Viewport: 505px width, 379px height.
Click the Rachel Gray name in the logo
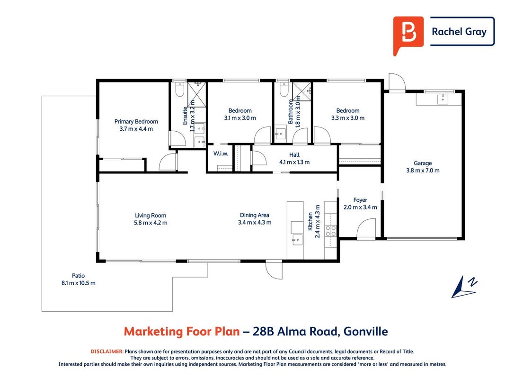459,32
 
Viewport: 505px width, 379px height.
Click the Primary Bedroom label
136,121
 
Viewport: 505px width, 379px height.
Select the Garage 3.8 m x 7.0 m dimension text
423,171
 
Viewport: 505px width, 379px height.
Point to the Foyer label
360,200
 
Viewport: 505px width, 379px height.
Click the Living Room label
151,215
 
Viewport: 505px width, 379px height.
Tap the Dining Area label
255,215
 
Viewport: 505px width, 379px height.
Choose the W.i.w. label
221,153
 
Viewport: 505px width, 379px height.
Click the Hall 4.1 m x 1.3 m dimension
294,162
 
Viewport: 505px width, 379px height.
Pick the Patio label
78,276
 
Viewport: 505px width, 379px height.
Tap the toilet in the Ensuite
179,90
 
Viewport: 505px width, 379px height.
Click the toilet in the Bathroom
284,90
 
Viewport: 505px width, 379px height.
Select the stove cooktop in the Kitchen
331,231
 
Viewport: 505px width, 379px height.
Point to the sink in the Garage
443,99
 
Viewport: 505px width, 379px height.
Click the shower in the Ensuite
196,94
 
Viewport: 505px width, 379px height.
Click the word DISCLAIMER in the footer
107,352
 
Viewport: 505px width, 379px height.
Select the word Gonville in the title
365,331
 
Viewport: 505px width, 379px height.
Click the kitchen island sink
297,240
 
